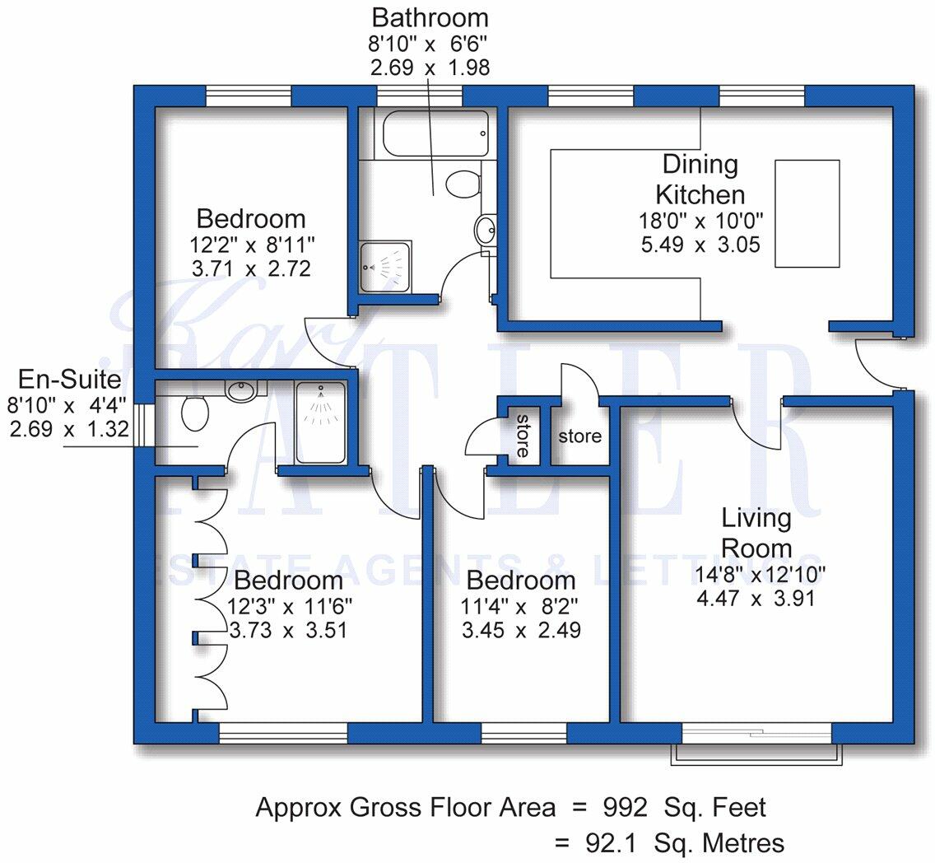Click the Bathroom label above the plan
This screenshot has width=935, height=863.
(x=430, y=18)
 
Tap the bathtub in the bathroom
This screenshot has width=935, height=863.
(x=435, y=133)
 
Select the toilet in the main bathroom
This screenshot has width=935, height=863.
(x=463, y=183)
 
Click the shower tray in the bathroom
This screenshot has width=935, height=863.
(x=384, y=267)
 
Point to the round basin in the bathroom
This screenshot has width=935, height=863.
(x=485, y=228)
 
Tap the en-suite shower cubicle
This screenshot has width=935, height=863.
(x=321, y=422)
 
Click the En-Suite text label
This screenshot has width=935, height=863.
(x=70, y=380)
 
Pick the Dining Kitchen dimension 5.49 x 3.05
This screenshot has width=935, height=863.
(x=700, y=245)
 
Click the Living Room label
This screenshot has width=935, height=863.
(x=756, y=533)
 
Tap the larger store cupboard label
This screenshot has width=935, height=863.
(x=579, y=436)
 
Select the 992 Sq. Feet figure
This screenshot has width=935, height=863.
(x=685, y=808)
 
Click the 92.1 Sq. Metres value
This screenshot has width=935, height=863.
(x=685, y=844)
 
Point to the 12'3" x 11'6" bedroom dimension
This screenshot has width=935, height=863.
(x=290, y=607)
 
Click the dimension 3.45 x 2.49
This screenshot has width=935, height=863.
(x=521, y=631)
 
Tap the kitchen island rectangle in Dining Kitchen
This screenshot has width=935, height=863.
(x=807, y=213)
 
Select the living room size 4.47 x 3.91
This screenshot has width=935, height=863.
(x=756, y=598)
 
